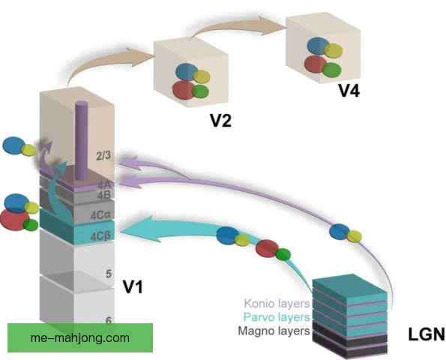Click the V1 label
[x=132, y=286]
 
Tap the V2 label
[x=220, y=121]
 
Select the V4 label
[x=349, y=91]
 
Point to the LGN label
[x=427, y=334]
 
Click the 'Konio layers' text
[x=277, y=304]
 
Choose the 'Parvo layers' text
[x=277, y=317]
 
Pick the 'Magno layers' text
[x=274, y=331]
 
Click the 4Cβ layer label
[x=100, y=236]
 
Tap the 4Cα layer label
[x=100, y=215]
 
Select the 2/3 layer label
[x=103, y=156]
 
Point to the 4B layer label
[x=103, y=195]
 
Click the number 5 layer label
[x=109, y=274]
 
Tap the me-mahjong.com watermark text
[x=80, y=337]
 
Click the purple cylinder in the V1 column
[x=81, y=141]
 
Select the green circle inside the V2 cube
[x=200, y=91]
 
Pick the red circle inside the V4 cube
[x=315, y=64]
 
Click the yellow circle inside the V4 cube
[x=334, y=51]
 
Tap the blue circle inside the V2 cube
[x=187, y=71]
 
